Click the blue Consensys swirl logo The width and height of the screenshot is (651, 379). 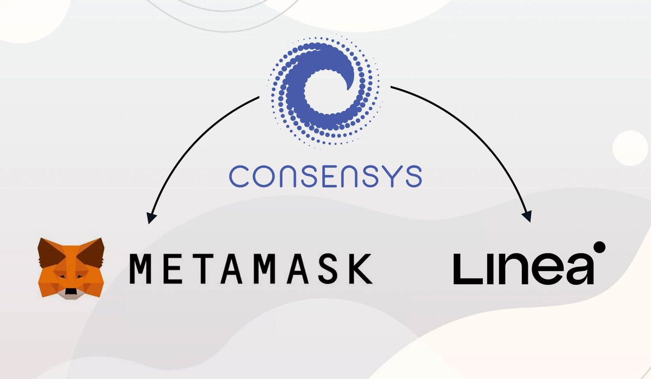coord(324,92)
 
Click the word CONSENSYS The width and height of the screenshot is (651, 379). coord(325,176)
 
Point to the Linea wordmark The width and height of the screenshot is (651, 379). coord(524,268)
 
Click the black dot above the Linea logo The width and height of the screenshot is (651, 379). coord(599,247)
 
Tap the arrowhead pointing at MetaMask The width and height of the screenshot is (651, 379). coord(151,218)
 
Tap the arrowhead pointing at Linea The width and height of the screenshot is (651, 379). coord(526,216)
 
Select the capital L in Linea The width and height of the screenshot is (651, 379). coord(465,268)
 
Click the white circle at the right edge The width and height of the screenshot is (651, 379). coord(633,148)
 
